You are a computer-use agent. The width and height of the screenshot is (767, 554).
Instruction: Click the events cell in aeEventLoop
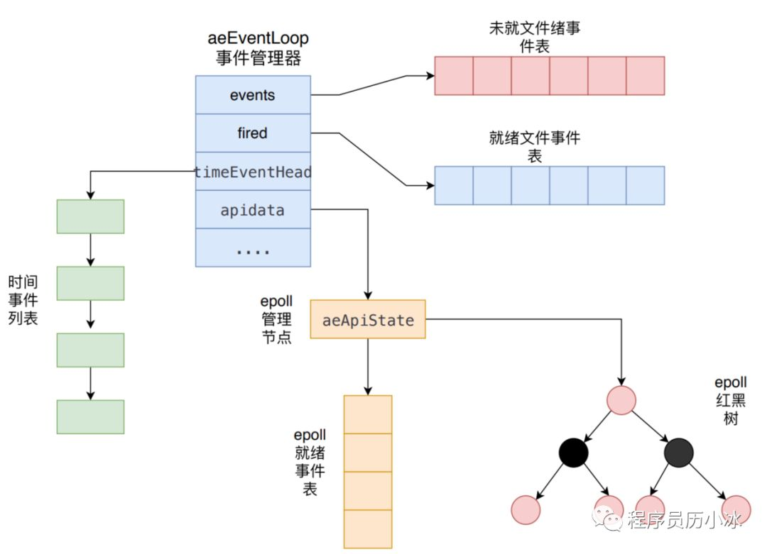coord(253,94)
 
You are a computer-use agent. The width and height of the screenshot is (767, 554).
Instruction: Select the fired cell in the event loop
coord(253,133)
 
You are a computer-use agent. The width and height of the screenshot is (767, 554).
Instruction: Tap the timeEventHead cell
coord(253,172)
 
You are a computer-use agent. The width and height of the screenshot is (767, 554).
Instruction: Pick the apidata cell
coord(253,210)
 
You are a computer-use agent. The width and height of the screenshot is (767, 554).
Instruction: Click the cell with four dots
coord(253,248)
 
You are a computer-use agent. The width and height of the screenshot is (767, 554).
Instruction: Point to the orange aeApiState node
coord(368,320)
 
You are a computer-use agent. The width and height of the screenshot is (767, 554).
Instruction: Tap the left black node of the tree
coord(573,453)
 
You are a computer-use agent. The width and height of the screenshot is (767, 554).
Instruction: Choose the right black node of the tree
coord(679,453)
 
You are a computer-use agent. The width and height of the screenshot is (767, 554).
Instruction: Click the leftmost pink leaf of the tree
coord(526,509)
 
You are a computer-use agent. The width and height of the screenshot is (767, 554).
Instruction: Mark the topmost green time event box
coord(90,216)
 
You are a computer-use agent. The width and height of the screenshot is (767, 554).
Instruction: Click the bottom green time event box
coord(90,416)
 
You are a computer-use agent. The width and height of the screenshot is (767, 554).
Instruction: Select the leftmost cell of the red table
coord(453,76)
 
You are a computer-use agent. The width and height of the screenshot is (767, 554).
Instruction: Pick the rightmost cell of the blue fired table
coord(645,185)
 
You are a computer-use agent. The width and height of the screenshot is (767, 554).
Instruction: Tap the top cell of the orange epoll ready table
coord(368,414)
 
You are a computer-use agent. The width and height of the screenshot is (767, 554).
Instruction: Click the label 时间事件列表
coord(23,300)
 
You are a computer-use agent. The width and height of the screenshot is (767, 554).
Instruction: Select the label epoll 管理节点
coord(276,320)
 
